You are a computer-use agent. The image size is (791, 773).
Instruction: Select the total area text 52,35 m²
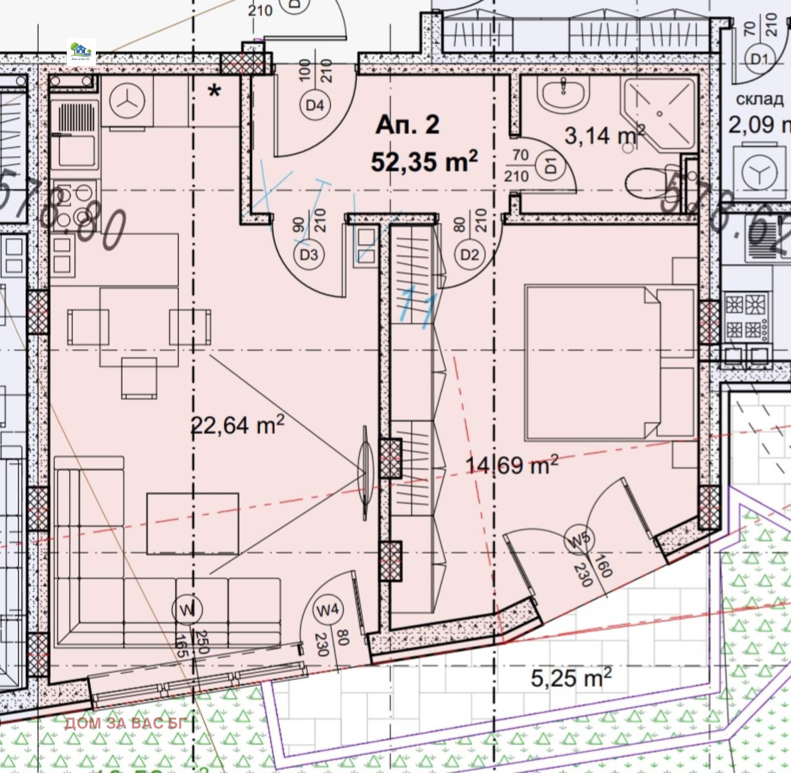(424, 161)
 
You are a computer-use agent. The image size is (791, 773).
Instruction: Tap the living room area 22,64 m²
(238, 425)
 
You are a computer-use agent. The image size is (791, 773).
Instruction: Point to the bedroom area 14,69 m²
(512, 465)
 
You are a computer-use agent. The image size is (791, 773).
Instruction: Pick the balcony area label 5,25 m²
(571, 677)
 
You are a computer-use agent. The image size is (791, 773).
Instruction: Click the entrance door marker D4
(314, 105)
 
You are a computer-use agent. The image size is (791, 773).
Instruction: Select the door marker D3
(309, 255)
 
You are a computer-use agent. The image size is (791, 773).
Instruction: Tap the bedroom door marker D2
(469, 255)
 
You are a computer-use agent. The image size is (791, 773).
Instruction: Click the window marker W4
(327, 610)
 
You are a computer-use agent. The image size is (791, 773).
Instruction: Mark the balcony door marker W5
(579, 539)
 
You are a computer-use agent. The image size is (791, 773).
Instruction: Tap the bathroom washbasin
(563, 94)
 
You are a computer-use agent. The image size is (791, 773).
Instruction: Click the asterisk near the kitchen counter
(214, 91)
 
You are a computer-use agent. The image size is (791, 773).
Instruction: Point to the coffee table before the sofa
(192, 523)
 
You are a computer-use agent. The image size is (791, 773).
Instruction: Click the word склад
(759, 99)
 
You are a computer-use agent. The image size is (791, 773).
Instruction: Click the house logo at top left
(81, 51)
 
